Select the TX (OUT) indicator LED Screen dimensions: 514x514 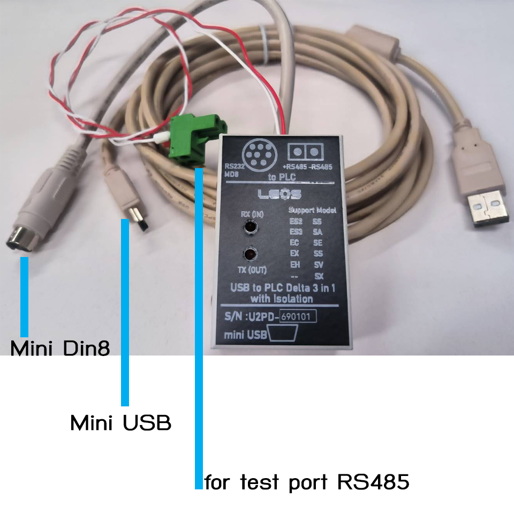click(250, 253)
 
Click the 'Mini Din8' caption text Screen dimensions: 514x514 click(61, 349)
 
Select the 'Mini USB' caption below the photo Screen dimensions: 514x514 click(121, 424)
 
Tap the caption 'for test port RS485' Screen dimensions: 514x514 click(307, 482)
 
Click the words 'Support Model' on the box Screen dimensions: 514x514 click(312, 209)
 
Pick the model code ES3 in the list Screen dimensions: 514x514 click(296, 231)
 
